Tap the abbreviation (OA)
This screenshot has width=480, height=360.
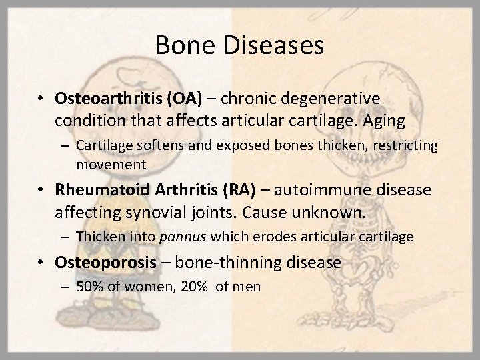coord(185,99)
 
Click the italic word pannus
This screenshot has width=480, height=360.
coord(176,236)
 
